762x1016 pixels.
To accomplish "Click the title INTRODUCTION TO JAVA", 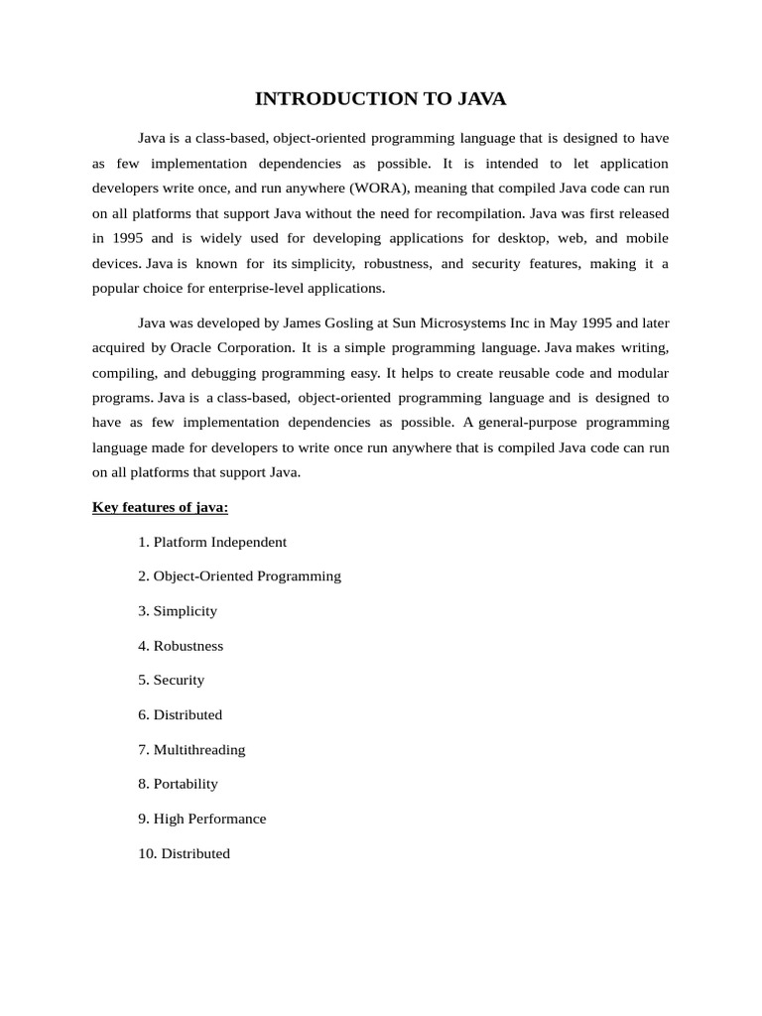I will [x=381, y=98].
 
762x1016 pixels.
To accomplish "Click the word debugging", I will [x=243, y=372].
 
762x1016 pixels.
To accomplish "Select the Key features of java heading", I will [x=161, y=507].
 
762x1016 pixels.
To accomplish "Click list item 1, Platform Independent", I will [x=213, y=542].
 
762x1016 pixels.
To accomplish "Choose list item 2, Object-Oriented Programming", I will [x=240, y=575].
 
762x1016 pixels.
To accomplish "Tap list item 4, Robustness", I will [x=182, y=645].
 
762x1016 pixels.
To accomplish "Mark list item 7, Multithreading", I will [x=192, y=749].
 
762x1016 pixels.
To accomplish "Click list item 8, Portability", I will [x=179, y=783].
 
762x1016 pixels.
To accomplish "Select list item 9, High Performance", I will [x=202, y=819].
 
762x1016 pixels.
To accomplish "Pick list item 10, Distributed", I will [x=185, y=853].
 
